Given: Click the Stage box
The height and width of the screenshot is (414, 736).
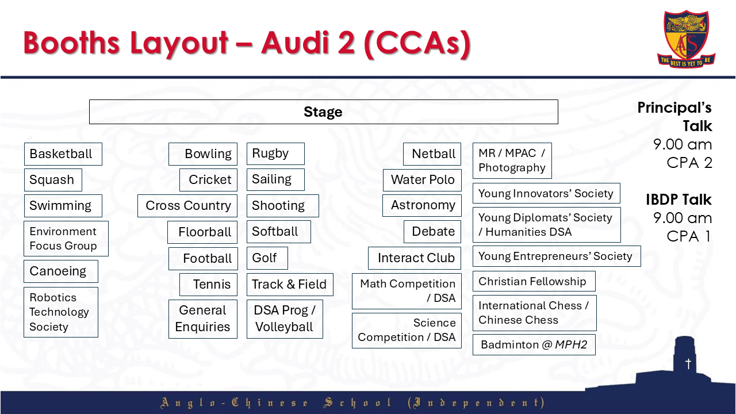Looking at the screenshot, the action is point(323,112).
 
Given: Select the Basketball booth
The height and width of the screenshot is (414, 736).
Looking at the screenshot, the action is point(63,154).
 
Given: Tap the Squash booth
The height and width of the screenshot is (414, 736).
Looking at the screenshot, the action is point(53,180).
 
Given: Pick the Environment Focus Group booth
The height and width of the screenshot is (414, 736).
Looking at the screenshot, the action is point(66,239).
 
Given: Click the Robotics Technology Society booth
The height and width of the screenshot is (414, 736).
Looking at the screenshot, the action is point(61,312).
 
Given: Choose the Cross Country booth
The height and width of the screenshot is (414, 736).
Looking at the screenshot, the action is point(187,206).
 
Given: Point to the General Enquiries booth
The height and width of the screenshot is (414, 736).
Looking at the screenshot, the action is point(203,319).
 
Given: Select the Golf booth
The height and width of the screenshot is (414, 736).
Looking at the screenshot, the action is point(267,258).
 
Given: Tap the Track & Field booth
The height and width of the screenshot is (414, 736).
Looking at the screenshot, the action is point(290,285).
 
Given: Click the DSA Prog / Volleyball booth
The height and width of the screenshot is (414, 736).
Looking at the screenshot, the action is point(285,319).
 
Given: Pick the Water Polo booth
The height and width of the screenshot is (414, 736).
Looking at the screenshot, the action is point(422,180).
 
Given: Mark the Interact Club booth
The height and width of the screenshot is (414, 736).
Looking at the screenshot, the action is point(415,258).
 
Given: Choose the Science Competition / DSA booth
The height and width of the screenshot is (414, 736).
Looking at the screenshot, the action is point(407,330).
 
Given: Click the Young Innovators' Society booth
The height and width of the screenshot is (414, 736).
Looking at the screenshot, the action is point(546,193).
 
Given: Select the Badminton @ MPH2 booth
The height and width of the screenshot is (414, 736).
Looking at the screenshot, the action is point(534,344).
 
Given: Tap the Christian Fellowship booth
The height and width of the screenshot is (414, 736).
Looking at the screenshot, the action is point(534,281).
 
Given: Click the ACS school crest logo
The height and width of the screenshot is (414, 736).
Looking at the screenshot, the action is point(686,39).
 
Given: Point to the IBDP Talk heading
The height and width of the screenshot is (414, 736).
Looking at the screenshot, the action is point(678,200).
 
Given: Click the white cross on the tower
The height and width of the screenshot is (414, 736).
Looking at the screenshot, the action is point(688,363).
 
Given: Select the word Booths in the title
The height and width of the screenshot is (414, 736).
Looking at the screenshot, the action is point(72,43).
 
